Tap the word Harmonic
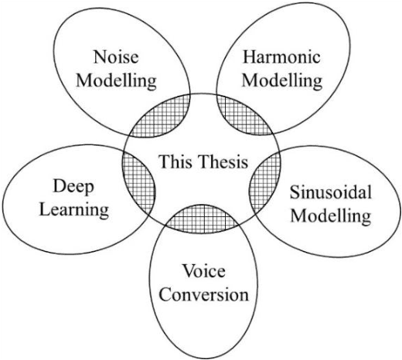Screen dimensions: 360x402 (271, 57)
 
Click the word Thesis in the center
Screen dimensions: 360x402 (220, 162)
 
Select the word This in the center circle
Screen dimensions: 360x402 (173, 162)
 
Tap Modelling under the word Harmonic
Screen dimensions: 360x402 (270, 80)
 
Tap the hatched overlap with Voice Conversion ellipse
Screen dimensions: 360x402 (202, 220)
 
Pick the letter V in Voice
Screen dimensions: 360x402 (186, 272)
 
